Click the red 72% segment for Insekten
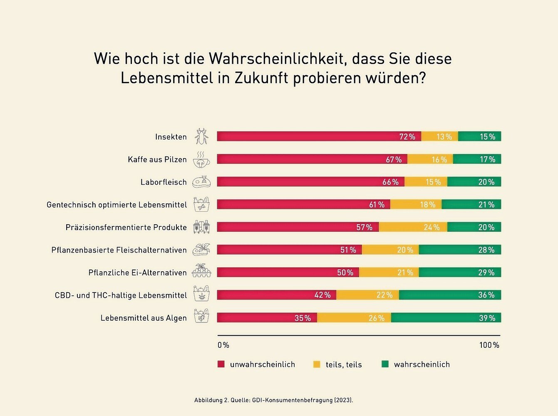coord(319,136)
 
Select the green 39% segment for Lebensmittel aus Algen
coord(446,318)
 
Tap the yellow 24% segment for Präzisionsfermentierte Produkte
coord(413,227)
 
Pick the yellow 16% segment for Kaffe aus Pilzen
coord(430,159)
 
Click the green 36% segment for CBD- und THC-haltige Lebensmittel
coord(450,295)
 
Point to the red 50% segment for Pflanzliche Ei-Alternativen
coord(288,272)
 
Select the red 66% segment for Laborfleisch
coord(310,182)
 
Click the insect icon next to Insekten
coord(201,136)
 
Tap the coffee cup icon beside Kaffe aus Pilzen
coord(201,159)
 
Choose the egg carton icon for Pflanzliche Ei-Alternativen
coord(201,271)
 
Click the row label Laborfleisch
coord(164,182)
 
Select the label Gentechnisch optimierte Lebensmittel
coord(117,205)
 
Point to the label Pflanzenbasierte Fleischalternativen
coord(119,250)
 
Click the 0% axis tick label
coord(223,345)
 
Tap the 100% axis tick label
coord(489,345)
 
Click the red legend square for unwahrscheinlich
coord(221,364)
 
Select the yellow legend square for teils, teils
coord(317,364)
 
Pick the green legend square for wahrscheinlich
coord(385,364)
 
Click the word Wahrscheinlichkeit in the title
coord(277,59)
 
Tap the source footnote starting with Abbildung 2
coord(273,400)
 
